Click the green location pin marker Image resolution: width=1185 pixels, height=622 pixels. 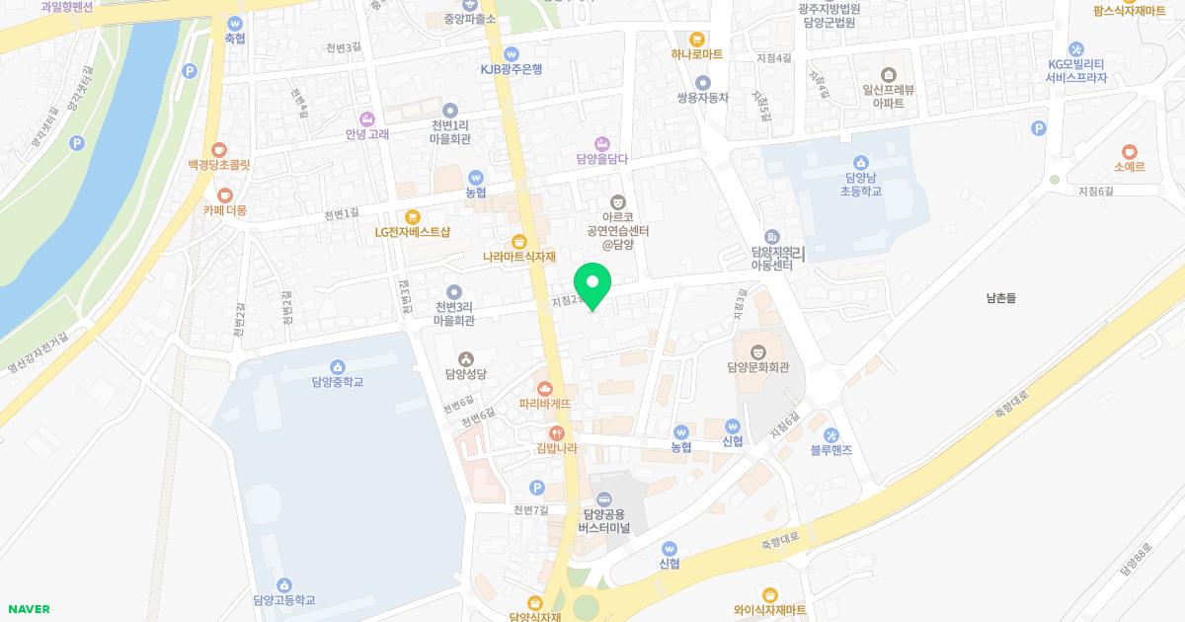click(x=592, y=284)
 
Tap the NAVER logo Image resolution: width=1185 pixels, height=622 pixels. click(x=28, y=609)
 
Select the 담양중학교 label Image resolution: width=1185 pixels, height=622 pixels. click(x=337, y=382)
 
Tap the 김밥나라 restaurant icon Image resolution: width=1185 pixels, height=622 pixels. click(x=556, y=432)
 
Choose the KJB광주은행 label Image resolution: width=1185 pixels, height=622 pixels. click(x=512, y=69)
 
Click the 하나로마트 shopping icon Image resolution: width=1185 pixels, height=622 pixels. click(x=697, y=39)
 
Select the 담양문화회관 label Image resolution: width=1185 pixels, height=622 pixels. click(x=757, y=368)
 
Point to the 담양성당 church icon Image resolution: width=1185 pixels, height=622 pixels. click(x=466, y=358)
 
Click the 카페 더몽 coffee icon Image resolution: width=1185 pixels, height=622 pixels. click(x=225, y=194)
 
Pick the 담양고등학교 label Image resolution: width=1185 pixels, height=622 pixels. click(x=283, y=600)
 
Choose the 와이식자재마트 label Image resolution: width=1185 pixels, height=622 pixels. click(x=770, y=610)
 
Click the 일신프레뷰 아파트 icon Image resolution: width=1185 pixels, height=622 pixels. click(x=889, y=74)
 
